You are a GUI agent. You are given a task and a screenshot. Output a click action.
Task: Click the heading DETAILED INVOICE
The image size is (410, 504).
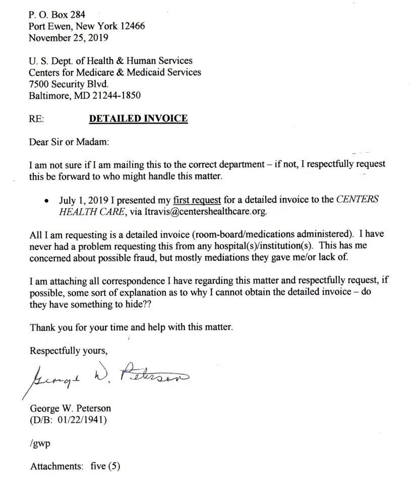point(138,119)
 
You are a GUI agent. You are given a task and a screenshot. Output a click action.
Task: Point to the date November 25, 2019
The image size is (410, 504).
point(68,37)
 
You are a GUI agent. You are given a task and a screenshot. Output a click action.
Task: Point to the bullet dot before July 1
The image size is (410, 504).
point(46,200)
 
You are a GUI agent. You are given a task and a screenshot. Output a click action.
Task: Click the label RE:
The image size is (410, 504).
point(37,119)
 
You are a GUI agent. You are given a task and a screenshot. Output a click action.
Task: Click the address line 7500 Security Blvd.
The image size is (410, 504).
point(69,84)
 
